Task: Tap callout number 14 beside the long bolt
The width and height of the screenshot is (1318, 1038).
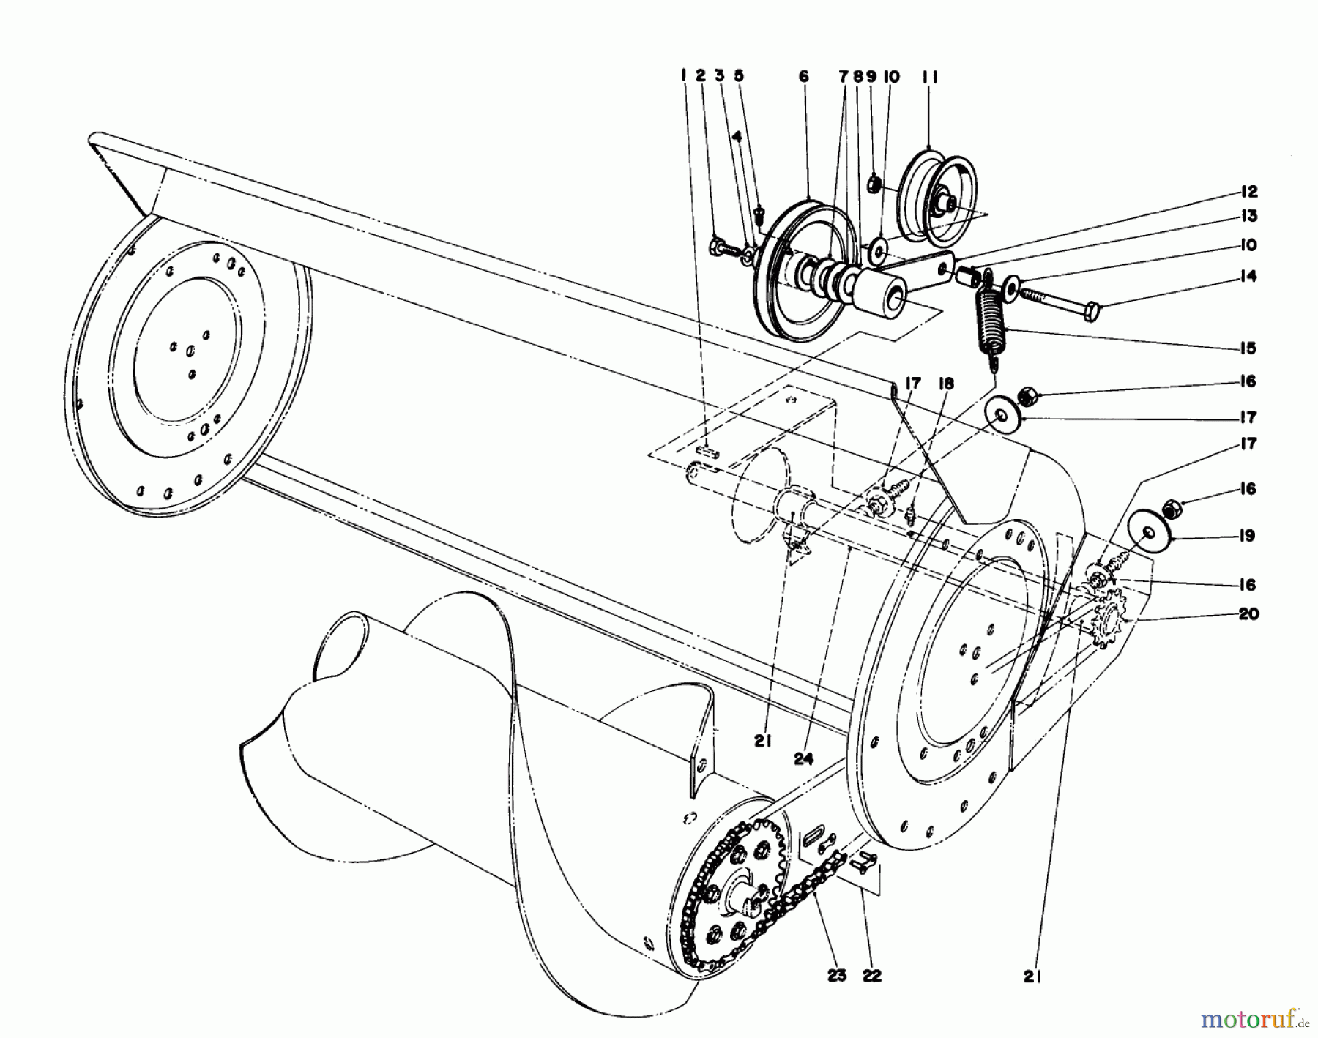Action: point(1248,277)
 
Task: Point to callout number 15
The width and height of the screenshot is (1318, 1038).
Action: point(1248,348)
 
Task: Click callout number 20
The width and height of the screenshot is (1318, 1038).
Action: point(1248,613)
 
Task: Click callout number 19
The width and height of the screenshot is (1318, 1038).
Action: point(1248,536)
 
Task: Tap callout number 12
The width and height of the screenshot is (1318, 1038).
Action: point(1248,192)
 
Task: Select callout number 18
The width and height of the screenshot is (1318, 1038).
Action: point(946,383)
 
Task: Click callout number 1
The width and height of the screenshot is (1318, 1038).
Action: point(682,76)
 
